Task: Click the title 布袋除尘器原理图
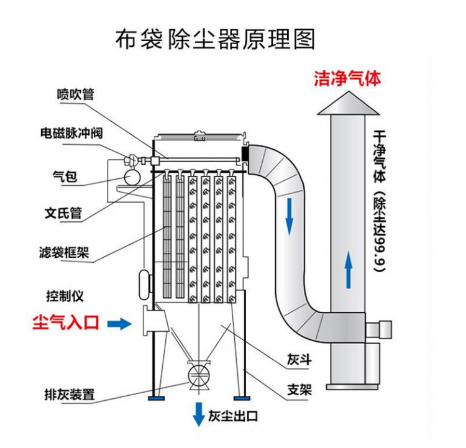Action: point(215,39)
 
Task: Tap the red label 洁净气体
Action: point(347,79)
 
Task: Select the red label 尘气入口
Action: point(65,322)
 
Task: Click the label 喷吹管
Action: point(75,94)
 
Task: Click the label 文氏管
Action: point(63,213)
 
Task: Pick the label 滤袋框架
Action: point(63,253)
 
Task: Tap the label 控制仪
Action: point(64,296)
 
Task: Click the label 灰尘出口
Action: point(233,416)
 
